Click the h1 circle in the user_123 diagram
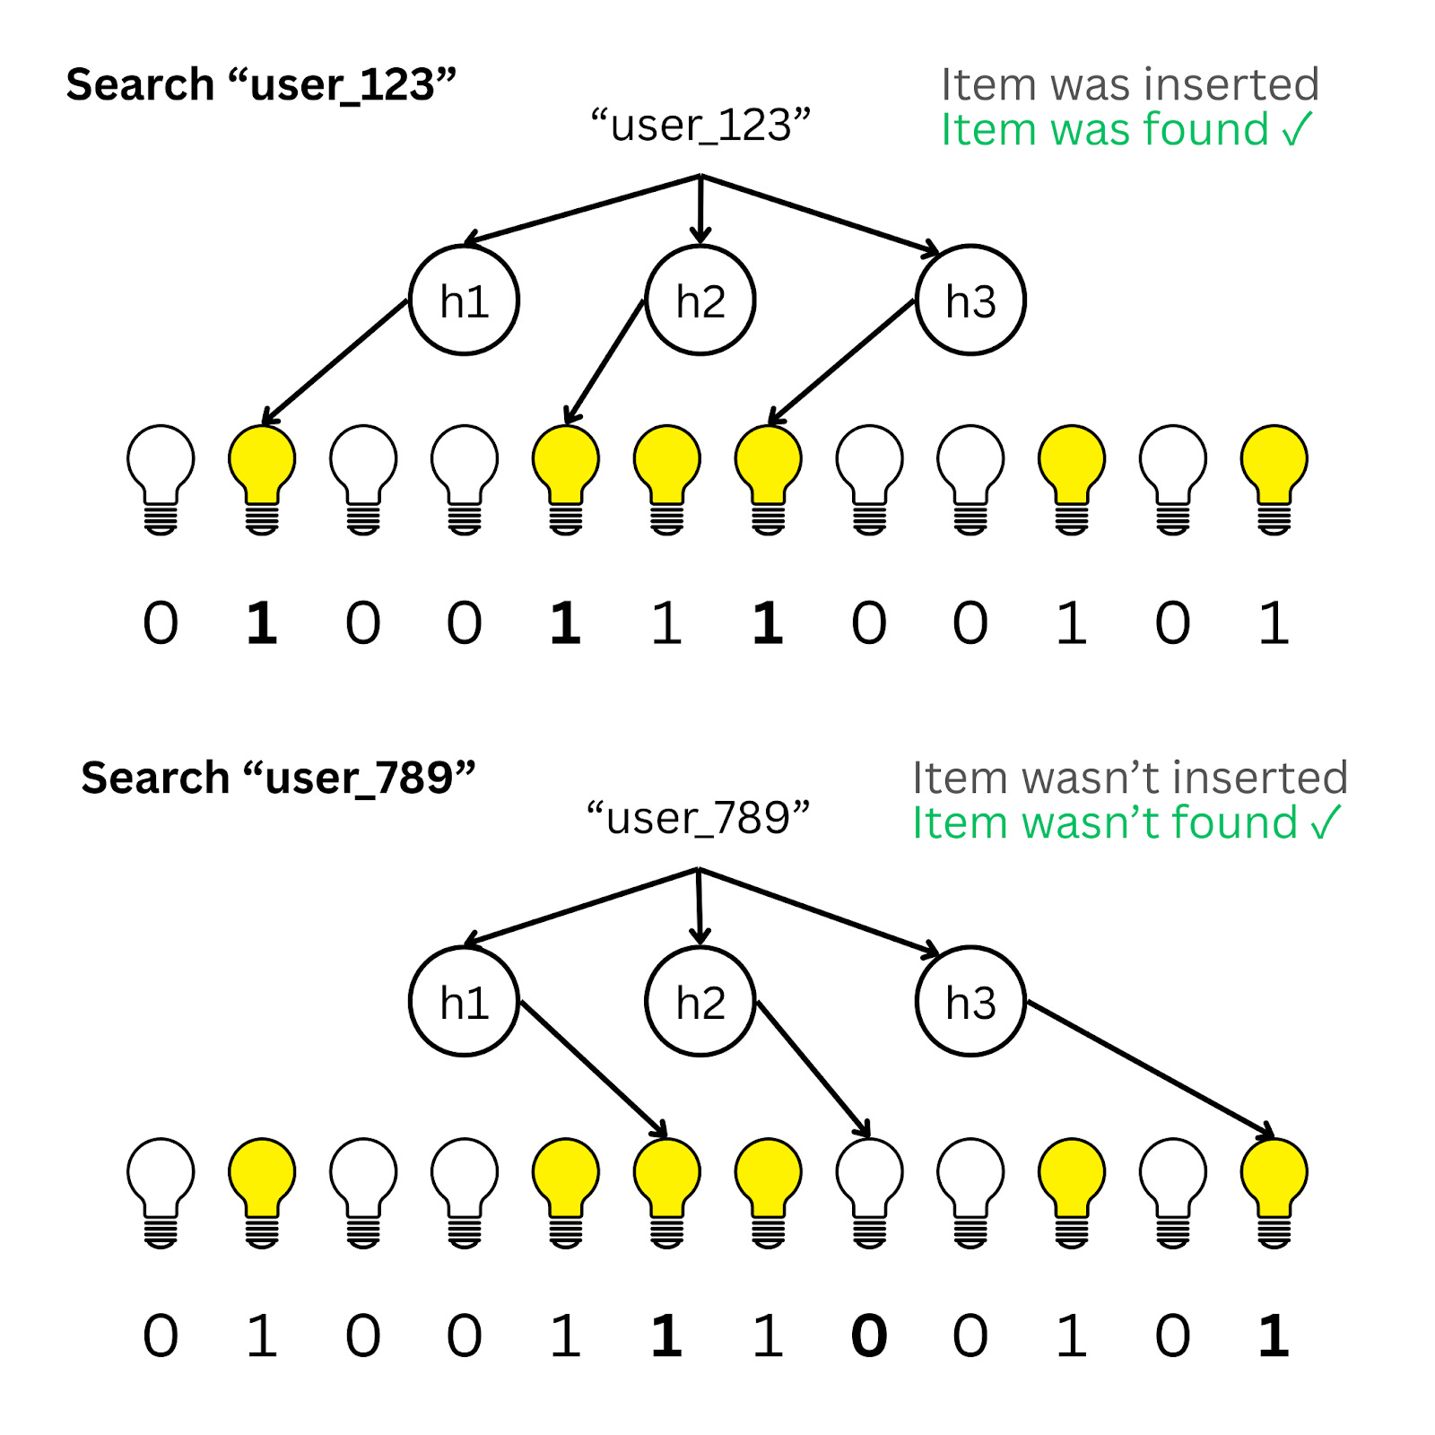coord(464,300)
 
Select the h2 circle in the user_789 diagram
coord(700,1002)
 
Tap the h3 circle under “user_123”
coord(970,300)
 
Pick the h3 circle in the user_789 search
coord(970,1002)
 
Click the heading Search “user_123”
coord(261,85)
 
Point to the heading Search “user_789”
coord(278,778)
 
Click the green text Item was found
coord(1126,130)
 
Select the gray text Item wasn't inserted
coord(1130,778)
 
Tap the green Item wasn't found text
coord(1126,823)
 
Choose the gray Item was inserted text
coord(1130,85)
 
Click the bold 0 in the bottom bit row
coord(869,1336)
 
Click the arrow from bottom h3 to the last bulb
coord(1148,1067)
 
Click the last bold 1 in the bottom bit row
coord(1274,1336)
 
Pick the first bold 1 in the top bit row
coord(262,623)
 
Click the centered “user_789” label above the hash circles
coord(698,818)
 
